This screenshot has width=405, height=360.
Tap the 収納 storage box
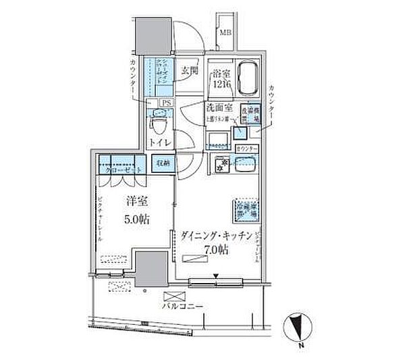pos(163,163)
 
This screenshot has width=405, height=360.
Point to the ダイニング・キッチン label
pos(217,236)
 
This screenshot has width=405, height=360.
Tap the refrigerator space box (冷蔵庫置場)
pos(246,209)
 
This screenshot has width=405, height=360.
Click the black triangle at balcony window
pos(216,275)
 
